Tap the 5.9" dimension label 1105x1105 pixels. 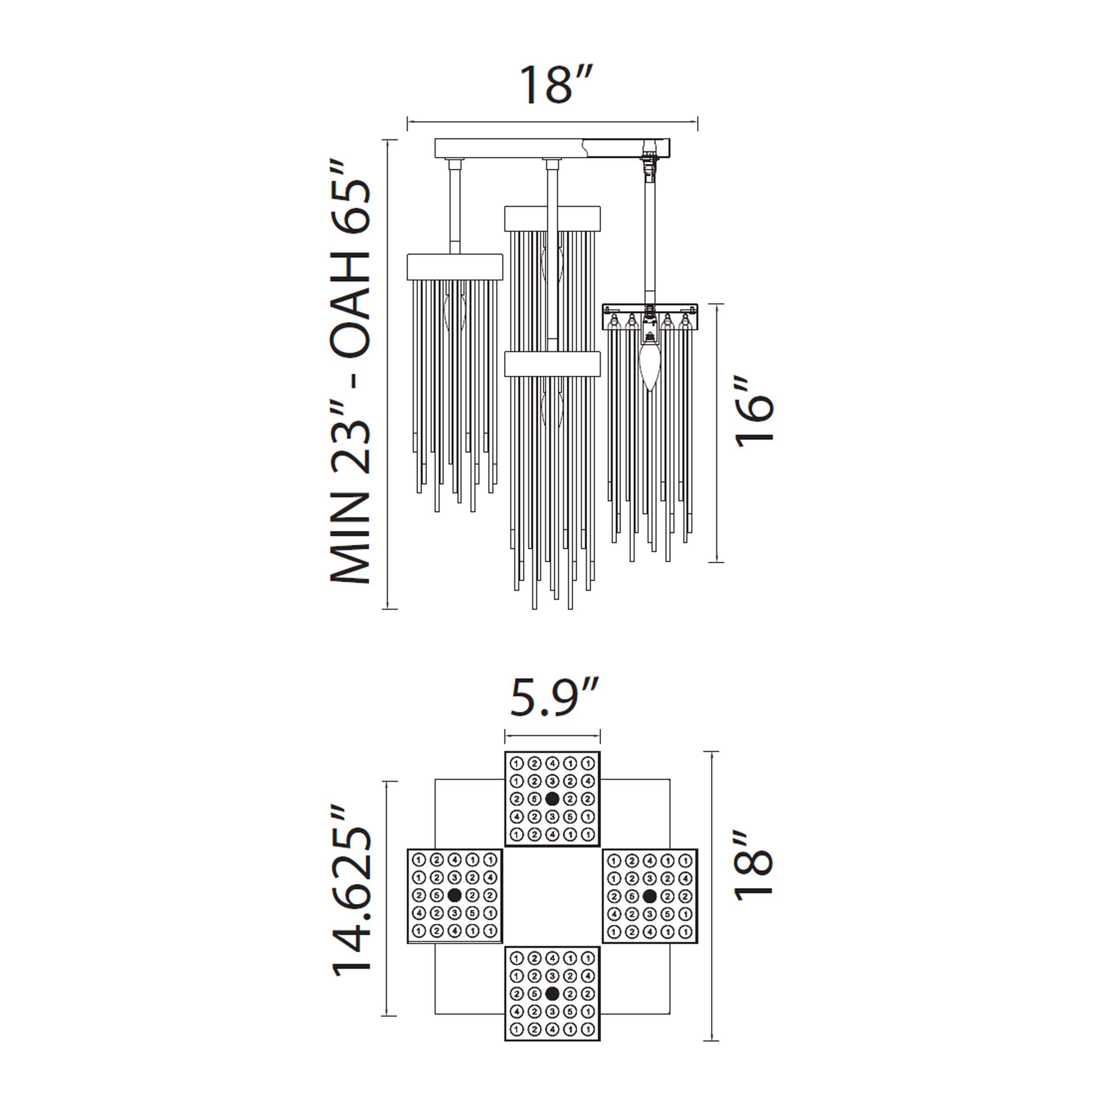pos(554,697)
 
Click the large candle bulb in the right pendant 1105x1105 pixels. pos(650,366)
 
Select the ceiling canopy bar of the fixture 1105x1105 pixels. pos(509,148)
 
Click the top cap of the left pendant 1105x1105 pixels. pos(455,267)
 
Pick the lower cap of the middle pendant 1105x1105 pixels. pos(552,364)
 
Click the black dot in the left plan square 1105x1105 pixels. pos(455,895)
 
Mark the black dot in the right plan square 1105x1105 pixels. pos(649,895)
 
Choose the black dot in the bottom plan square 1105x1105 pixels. pos(552,994)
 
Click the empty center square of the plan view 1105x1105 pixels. pos(552,895)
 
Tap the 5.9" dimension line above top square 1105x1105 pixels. pos(552,736)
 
